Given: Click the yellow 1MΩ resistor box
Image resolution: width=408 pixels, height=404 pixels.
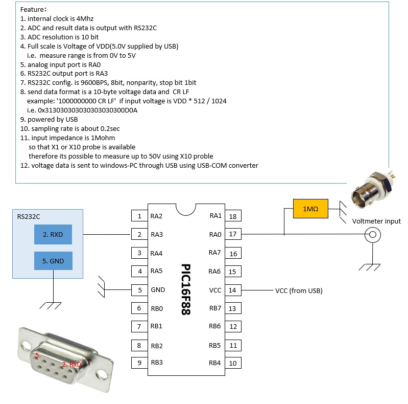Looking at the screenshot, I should point(310,209).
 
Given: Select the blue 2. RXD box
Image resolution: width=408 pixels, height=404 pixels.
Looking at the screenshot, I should point(53,234).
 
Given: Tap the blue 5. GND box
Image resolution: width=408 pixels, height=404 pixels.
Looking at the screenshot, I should point(53,260).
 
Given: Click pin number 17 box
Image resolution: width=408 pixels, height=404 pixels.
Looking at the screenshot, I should point(233,234).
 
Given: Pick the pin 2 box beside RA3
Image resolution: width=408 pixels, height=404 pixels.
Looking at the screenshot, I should point(139,234).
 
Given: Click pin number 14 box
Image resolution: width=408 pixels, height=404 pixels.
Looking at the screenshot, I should point(233,290).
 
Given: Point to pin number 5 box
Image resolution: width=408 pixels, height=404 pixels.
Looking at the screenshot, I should point(139,290).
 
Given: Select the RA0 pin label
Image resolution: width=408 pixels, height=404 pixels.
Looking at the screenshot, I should point(215,234).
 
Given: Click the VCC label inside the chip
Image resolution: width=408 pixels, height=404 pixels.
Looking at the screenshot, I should point(215,290).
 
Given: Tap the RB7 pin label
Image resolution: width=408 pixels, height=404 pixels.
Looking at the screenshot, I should point(215,308).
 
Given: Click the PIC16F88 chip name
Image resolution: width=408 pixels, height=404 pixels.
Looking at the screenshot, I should point(186,289).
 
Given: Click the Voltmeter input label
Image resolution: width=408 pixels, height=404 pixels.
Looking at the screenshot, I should point(376,221).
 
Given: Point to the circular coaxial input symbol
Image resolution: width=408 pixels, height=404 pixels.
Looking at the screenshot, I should point(373,235).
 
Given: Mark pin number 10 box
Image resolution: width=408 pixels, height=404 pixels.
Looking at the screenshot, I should point(233,363).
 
